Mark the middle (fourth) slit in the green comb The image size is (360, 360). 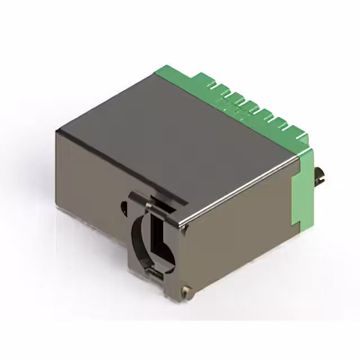(x=250, y=106)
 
